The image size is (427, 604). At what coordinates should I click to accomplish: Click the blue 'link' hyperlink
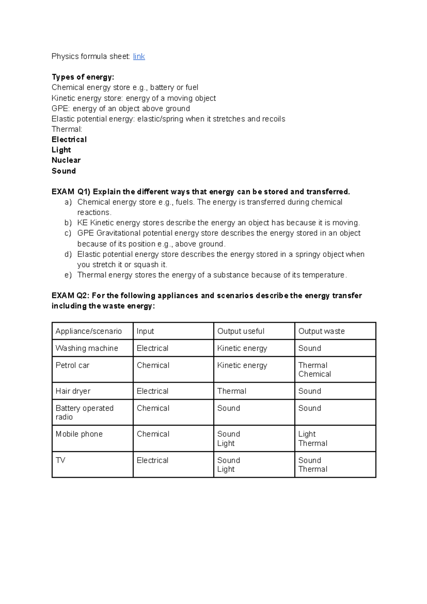pyautogui.click(x=139, y=56)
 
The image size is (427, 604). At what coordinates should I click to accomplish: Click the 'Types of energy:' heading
pyautogui.click(x=83, y=77)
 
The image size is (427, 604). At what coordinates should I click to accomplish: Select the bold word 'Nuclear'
pyautogui.click(x=66, y=160)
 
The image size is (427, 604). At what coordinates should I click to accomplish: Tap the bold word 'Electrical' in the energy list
pyautogui.click(x=69, y=140)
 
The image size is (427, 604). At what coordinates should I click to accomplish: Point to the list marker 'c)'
pyautogui.click(x=68, y=233)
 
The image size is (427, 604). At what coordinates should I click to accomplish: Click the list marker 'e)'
pyautogui.click(x=68, y=275)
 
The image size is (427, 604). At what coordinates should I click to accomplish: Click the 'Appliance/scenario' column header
pyautogui.click(x=89, y=331)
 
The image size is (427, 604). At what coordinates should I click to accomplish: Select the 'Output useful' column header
pyautogui.click(x=241, y=331)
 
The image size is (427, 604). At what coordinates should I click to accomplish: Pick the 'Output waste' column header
pyautogui.click(x=321, y=331)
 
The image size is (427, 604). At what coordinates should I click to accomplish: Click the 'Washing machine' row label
pyautogui.click(x=86, y=348)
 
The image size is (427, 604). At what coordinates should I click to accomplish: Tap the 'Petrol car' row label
pyautogui.click(x=72, y=365)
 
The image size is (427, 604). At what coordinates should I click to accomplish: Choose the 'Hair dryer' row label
pyautogui.click(x=73, y=391)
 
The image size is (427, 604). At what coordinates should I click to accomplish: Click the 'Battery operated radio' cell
pyautogui.click(x=84, y=412)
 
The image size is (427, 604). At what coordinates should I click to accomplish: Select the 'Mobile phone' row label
pyautogui.click(x=79, y=434)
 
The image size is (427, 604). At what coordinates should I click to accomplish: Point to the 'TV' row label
pyautogui.click(x=60, y=460)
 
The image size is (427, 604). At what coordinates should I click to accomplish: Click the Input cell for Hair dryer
pyautogui.click(x=152, y=391)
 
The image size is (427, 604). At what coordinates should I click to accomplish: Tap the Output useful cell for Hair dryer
pyautogui.click(x=232, y=391)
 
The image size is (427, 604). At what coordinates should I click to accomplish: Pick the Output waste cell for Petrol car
pyautogui.click(x=315, y=370)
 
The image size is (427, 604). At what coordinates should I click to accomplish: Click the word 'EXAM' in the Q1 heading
pyautogui.click(x=63, y=192)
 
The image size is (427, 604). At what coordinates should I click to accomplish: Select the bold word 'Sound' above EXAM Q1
pyautogui.click(x=64, y=171)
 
